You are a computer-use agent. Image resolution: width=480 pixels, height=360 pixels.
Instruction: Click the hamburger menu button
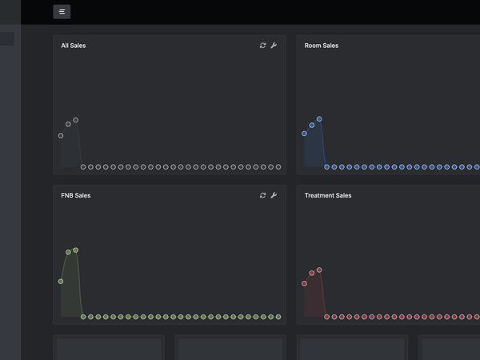click(x=62, y=12)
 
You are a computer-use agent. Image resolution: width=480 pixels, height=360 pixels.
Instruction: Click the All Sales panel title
click(x=74, y=46)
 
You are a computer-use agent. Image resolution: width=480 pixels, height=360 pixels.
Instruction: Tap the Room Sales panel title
click(x=322, y=46)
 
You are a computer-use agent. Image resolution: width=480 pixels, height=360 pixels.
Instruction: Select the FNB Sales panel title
click(x=76, y=195)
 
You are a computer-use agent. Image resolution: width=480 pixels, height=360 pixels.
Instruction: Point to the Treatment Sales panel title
click(x=328, y=195)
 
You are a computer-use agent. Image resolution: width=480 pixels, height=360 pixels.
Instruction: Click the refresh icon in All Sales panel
click(x=262, y=46)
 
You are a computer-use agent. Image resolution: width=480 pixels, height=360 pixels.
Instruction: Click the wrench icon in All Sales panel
click(x=274, y=46)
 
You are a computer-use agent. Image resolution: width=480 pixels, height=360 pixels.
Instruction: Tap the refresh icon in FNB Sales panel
click(x=262, y=195)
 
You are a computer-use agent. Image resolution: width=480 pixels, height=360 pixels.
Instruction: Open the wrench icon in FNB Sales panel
click(x=274, y=195)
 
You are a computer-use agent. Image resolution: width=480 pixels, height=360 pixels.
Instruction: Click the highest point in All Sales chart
click(x=76, y=120)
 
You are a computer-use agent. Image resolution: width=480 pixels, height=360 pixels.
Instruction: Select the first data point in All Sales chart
click(x=61, y=136)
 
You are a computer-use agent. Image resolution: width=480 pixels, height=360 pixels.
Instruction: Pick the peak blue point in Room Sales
click(x=319, y=118)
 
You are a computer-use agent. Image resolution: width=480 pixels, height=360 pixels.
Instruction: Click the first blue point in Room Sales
click(x=304, y=134)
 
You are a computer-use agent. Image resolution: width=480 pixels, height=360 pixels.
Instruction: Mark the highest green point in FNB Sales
click(x=76, y=250)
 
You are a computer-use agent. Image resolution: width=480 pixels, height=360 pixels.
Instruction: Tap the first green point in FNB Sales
click(x=61, y=282)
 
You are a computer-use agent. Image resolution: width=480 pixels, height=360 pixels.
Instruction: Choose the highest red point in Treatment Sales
click(x=319, y=270)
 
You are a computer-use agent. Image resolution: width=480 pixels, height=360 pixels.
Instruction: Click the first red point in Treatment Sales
click(x=304, y=283)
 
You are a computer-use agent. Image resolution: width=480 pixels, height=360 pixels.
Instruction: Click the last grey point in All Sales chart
click(x=278, y=167)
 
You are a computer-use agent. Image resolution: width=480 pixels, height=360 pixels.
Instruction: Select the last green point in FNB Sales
click(x=278, y=317)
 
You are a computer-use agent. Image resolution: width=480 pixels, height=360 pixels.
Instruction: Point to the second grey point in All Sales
click(x=68, y=124)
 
